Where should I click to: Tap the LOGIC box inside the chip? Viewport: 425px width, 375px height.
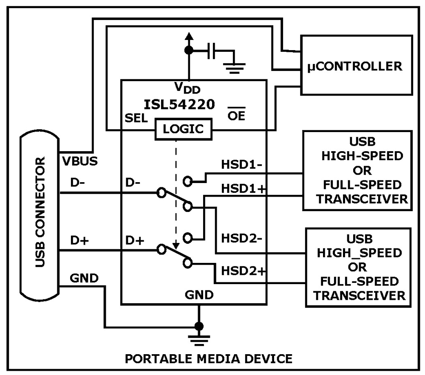(x=183, y=129)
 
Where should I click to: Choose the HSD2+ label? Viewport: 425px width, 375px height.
(x=242, y=270)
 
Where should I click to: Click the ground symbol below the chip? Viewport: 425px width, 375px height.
(x=198, y=338)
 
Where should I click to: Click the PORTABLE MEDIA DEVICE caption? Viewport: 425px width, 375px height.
(x=208, y=358)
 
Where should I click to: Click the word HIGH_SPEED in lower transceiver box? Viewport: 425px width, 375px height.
(x=360, y=253)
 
